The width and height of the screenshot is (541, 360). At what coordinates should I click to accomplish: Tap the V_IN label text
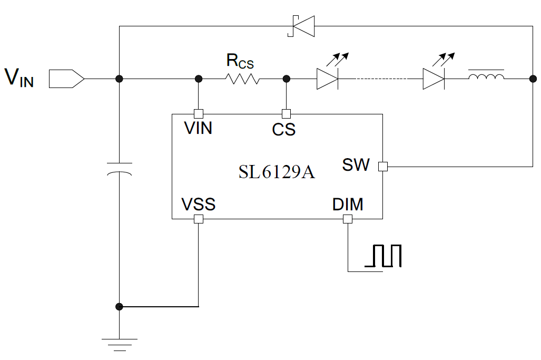click(x=19, y=77)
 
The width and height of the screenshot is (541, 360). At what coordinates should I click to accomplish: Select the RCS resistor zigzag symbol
click(x=242, y=79)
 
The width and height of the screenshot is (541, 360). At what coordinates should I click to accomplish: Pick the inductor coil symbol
click(x=486, y=78)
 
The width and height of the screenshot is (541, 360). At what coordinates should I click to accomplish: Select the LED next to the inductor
click(x=434, y=79)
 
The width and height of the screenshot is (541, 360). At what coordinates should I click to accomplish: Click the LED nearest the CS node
click(x=327, y=79)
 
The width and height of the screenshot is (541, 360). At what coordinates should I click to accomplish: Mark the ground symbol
click(x=120, y=344)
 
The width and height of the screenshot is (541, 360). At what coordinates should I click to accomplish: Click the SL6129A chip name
click(x=277, y=172)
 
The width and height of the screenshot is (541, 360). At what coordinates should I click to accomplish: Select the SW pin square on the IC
click(x=383, y=167)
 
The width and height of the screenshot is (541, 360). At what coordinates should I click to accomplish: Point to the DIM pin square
click(x=348, y=219)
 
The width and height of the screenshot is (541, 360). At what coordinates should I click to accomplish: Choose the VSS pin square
click(x=199, y=219)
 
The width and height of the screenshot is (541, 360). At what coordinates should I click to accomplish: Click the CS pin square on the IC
click(x=287, y=113)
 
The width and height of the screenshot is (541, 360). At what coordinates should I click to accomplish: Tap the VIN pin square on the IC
click(x=199, y=113)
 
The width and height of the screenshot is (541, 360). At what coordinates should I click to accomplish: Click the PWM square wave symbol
click(x=386, y=256)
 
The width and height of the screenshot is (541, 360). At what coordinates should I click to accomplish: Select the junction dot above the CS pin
click(x=287, y=79)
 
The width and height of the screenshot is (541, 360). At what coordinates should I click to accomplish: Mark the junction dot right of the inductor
click(x=532, y=79)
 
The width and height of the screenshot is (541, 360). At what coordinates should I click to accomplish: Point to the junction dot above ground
click(x=120, y=306)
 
